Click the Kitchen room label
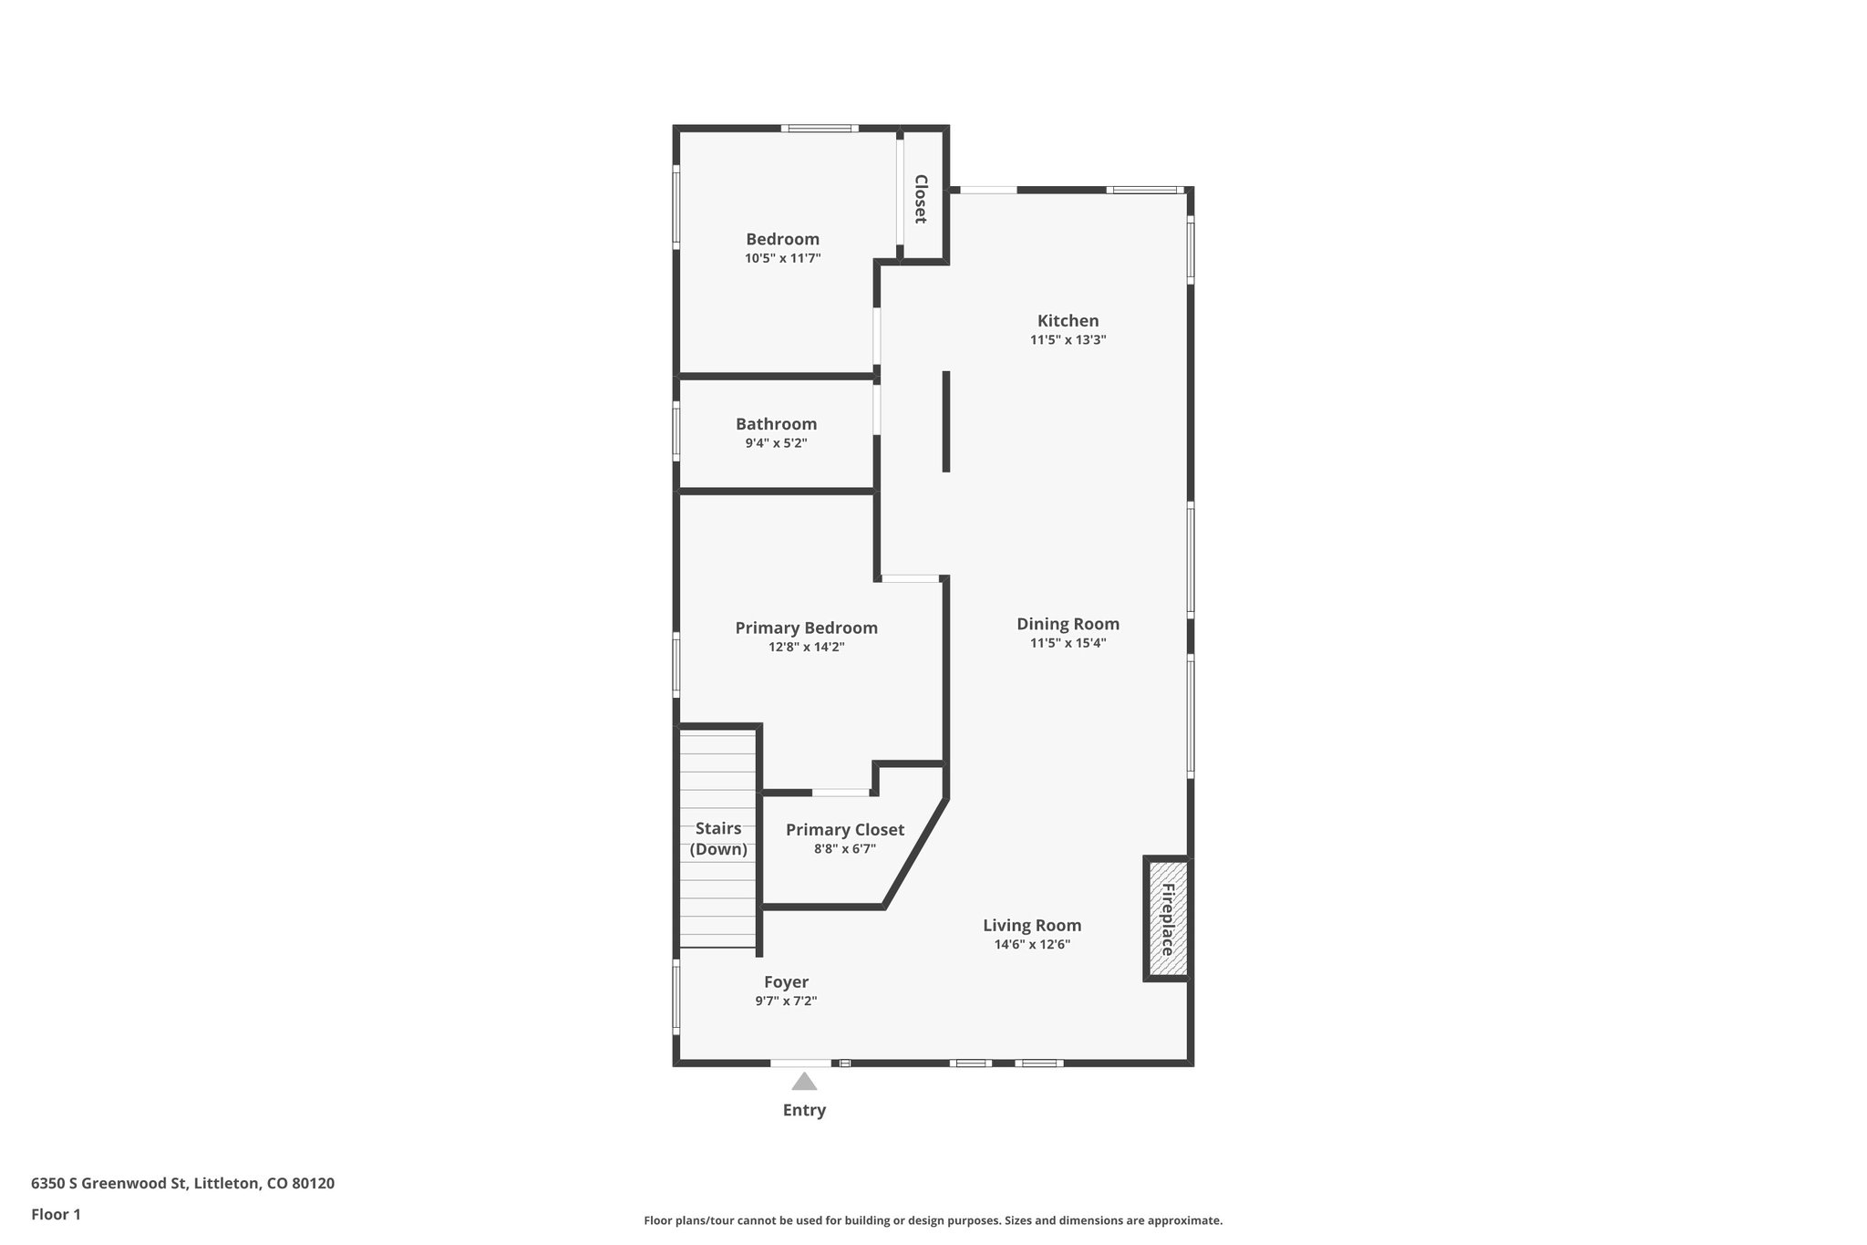(1068, 321)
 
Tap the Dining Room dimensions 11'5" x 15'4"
(1068, 643)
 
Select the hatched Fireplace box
(1167, 919)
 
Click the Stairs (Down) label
(718, 839)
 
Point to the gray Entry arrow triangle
(803, 1082)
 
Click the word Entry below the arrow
(804, 1110)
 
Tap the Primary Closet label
(844, 830)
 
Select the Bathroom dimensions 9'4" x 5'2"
(776, 444)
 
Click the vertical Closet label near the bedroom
(921, 199)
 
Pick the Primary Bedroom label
(806, 628)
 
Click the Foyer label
(786, 982)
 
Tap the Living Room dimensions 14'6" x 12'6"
(1032, 945)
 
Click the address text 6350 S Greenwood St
(182, 1184)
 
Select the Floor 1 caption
(56, 1215)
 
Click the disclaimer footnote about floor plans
(933, 1220)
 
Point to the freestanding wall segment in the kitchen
(946, 421)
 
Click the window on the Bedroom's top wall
(819, 129)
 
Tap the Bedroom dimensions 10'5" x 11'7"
(782, 259)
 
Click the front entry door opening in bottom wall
(800, 1063)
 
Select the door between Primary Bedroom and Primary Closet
(841, 793)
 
